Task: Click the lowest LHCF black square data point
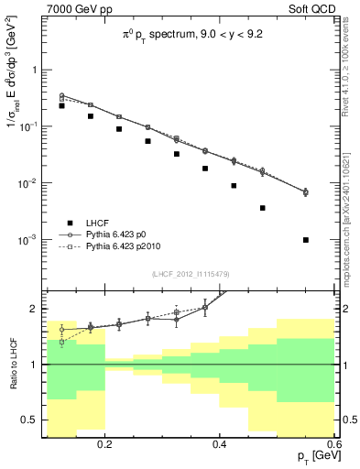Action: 306,240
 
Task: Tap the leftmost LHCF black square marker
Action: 61,106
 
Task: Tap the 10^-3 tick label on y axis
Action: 30,240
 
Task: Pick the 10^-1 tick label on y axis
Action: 30,126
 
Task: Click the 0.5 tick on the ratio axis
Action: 33,420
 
